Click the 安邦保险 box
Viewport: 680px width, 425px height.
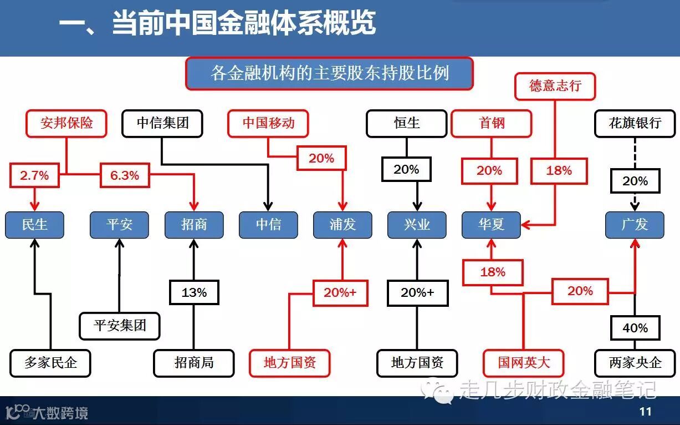pos(67,123)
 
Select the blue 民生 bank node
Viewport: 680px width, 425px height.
pos(34,225)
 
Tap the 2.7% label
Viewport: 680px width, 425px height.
pos(34,176)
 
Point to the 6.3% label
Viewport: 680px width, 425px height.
pos(125,176)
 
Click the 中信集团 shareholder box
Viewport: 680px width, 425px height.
pos(162,123)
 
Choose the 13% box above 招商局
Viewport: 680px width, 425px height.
pos(194,292)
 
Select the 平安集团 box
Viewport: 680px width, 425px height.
pos(119,325)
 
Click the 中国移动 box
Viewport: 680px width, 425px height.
pos(268,123)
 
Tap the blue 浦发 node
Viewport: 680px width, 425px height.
pos(342,225)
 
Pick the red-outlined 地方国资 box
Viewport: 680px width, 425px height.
pos(290,363)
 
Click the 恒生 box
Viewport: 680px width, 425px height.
pos(406,123)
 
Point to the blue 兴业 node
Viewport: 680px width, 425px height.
pos(417,225)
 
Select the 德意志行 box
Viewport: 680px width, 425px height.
pos(555,86)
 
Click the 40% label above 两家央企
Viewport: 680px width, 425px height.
pos(635,328)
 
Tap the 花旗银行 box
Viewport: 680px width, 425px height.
pos(635,123)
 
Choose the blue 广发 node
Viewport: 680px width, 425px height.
pos(635,225)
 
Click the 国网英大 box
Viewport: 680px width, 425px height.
pos(523,363)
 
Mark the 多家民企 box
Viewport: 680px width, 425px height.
pos(50,363)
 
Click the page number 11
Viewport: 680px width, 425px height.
pos(645,412)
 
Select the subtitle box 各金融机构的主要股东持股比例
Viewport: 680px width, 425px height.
pos(329,73)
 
